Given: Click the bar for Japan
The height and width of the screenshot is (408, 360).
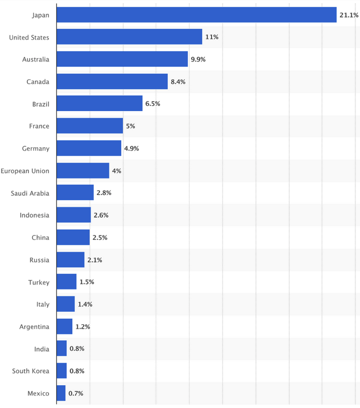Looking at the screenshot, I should click(197, 15).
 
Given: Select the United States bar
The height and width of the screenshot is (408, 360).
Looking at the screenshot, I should click(129, 37).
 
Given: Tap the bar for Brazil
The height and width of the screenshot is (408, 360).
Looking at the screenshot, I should click(100, 104).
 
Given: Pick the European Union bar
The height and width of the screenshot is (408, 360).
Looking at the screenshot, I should click(83, 171).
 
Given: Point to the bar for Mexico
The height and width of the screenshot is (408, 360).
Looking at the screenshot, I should click(61, 393).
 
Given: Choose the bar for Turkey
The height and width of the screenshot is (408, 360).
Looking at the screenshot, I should click(66, 282).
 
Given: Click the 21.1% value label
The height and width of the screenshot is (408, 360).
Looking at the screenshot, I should click(349, 15).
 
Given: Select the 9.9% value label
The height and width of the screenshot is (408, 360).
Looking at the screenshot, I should click(198, 59).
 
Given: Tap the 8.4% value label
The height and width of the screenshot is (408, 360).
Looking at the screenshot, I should click(178, 82).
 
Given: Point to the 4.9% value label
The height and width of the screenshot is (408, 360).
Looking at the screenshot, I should click(131, 148).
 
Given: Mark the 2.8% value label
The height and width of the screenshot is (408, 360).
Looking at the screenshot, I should click(103, 193).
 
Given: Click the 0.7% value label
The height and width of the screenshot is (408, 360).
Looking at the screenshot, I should click(76, 393).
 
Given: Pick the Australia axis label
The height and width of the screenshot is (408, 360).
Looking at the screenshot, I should click(36, 59).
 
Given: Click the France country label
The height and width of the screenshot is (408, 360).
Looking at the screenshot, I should click(39, 126).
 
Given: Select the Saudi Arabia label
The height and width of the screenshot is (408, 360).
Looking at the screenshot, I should click(30, 193).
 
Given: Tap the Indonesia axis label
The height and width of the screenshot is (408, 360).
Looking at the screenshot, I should click(35, 215).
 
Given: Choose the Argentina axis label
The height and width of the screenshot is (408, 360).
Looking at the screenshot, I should click(34, 327).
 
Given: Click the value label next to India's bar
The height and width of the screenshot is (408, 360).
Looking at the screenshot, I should click(77, 349).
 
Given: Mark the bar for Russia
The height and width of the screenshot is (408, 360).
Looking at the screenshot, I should click(70, 260).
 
